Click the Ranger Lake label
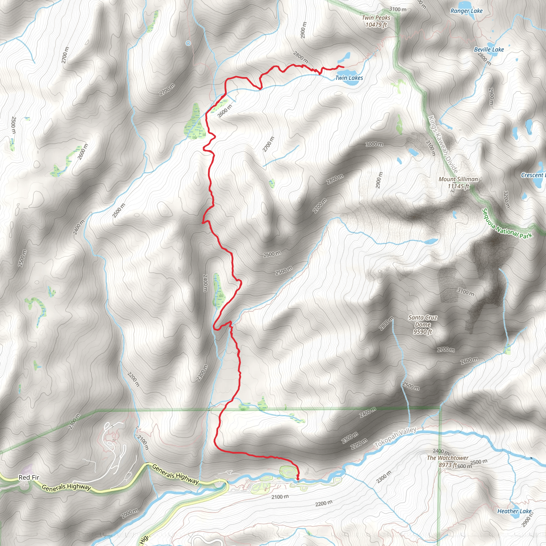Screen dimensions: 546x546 (466, 11)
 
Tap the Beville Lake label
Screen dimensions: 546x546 (489, 50)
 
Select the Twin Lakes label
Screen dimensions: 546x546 (349, 78)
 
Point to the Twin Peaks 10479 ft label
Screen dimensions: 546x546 (376, 21)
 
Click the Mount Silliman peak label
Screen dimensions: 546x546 (458, 183)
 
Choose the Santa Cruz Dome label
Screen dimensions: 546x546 (423, 324)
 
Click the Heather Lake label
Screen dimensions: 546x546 (514, 511)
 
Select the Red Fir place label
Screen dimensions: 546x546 (29, 477)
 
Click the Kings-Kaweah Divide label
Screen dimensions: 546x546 (443, 144)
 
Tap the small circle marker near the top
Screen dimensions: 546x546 (188, 43)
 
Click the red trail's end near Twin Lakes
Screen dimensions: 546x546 (343, 67)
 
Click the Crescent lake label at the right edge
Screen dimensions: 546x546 (533, 175)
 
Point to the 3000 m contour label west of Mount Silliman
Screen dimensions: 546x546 (375, 144)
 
